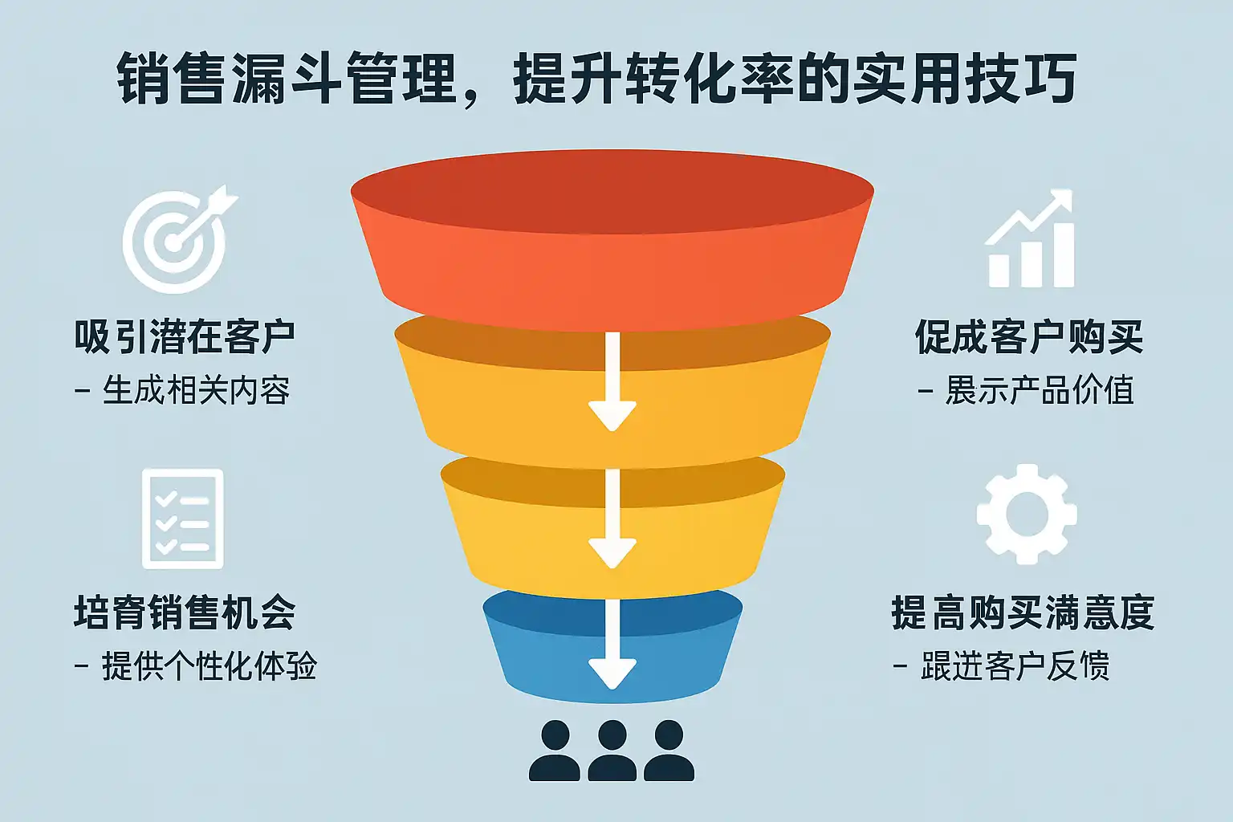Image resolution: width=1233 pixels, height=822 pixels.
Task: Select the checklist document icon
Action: pyautogui.click(x=183, y=519)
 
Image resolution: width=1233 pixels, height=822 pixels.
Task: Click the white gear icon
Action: pyautogui.click(x=1027, y=514)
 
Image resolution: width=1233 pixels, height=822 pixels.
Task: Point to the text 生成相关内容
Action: pyautogui.click(x=197, y=391)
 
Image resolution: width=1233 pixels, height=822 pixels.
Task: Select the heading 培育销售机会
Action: pyautogui.click(x=185, y=612)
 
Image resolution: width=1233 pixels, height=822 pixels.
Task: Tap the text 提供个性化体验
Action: pyautogui.click(x=209, y=666)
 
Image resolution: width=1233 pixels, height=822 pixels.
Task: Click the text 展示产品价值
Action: pyautogui.click(x=1040, y=391)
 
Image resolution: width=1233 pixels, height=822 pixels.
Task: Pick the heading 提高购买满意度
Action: pyautogui.click(x=1023, y=612)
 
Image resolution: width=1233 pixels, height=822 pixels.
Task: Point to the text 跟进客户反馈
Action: pyautogui.click(x=1015, y=666)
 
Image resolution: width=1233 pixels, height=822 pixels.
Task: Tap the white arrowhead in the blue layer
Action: pyautogui.click(x=612, y=673)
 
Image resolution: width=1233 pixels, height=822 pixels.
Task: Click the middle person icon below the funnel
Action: pyautogui.click(x=612, y=751)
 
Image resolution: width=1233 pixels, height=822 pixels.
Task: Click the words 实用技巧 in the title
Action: pyautogui.click(x=963, y=79)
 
